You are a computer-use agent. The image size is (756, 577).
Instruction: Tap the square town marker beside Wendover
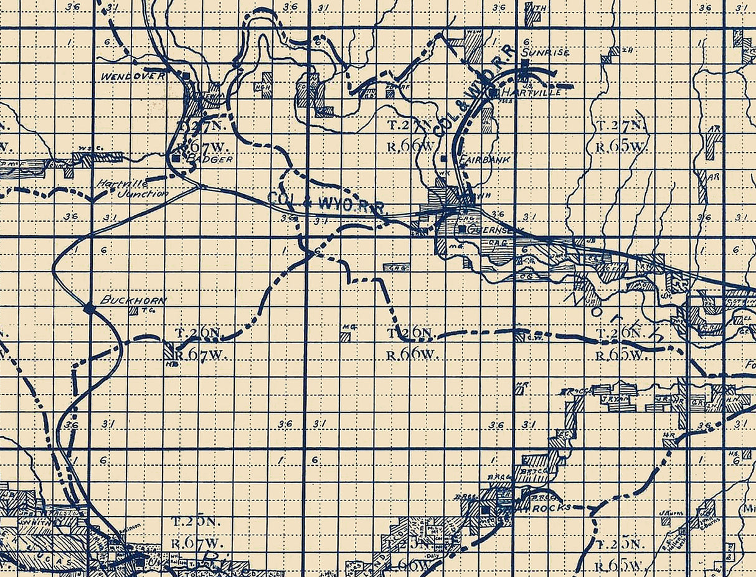186,75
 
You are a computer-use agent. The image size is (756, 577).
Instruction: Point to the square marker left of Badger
176,159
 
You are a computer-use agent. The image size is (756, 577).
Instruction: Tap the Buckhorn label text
133,301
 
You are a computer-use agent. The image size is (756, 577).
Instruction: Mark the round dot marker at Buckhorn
89,307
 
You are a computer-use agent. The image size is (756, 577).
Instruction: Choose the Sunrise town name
546,53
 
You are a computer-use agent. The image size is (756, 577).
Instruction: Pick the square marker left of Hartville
493,93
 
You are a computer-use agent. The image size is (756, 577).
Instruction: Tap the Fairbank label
484,159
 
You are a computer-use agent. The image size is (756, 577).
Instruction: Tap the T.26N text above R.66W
410,333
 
